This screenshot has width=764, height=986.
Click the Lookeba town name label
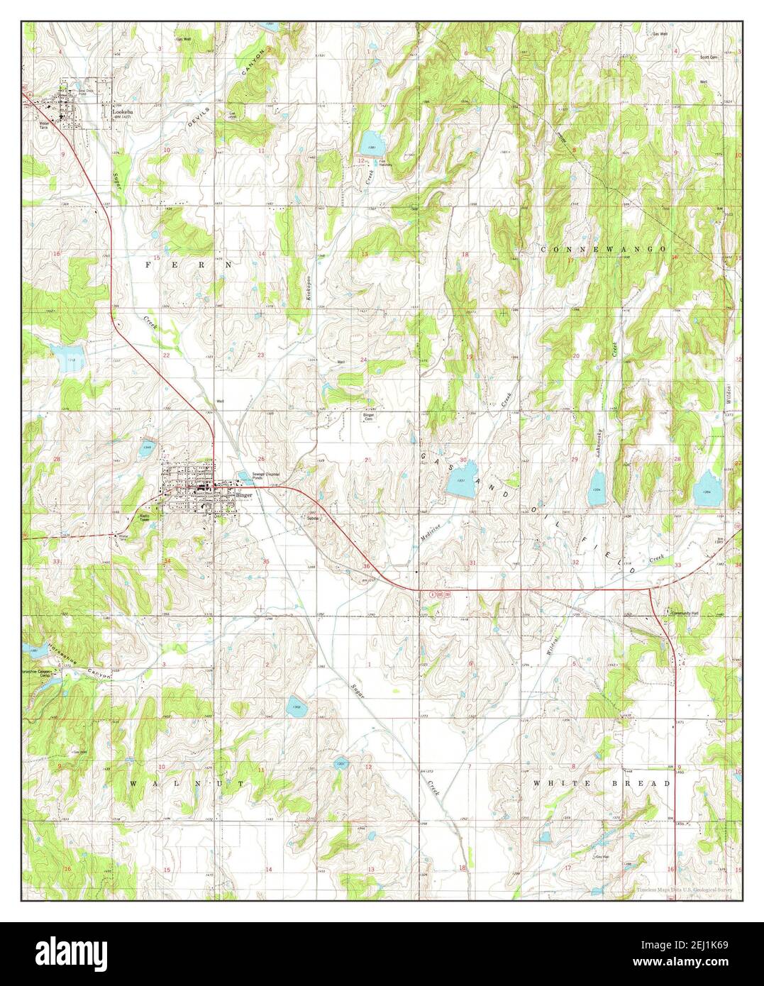tap(117, 111)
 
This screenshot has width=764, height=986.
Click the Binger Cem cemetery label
tap(369, 416)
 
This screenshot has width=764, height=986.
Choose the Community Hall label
tap(686, 614)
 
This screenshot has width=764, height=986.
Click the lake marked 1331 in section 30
tap(462, 486)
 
